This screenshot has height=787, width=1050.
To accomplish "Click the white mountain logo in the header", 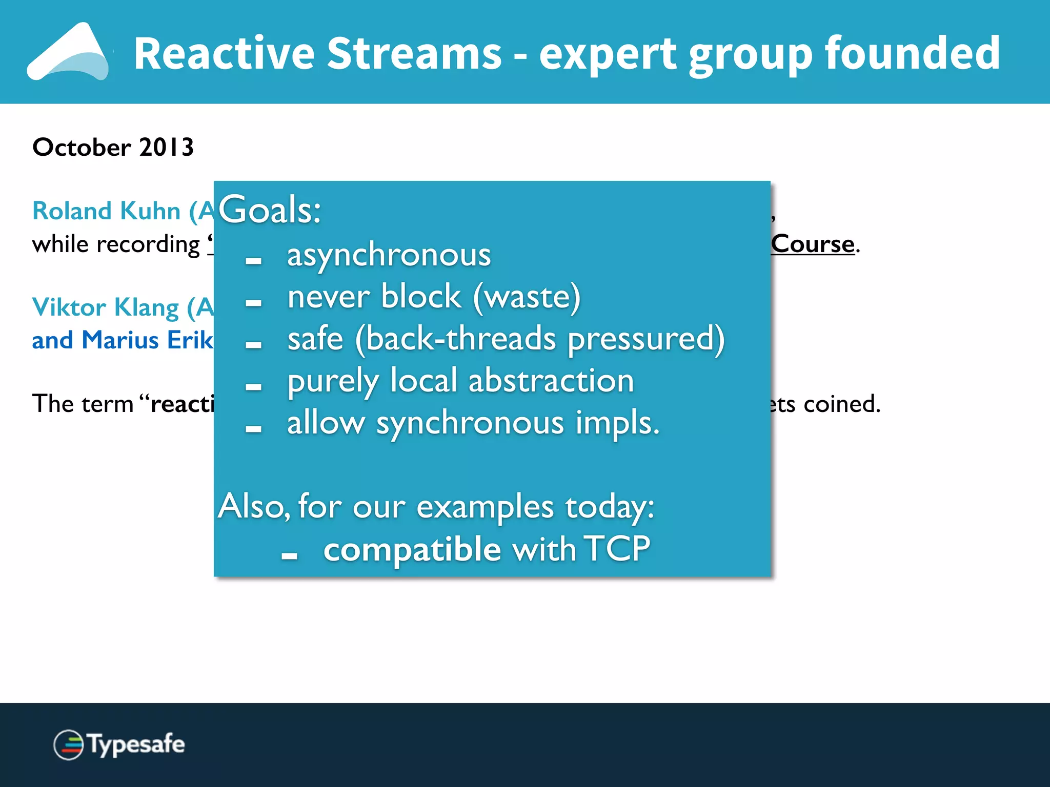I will [69, 53].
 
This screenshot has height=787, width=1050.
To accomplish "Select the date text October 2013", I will [113, 148].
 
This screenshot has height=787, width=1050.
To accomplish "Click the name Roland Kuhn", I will [106, 211].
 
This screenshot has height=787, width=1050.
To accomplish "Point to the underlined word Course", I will [813, 244].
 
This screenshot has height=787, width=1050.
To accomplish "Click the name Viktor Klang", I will [105, 307].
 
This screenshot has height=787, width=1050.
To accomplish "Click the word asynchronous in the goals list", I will [389, 255].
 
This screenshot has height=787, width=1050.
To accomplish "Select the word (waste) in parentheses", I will [527, 297].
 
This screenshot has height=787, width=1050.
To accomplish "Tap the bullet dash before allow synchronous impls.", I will [253, 429].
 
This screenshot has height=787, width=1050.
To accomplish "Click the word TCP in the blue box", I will [617, 549].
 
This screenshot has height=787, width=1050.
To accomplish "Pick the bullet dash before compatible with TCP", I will [289, 555].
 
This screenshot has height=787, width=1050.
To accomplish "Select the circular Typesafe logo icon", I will [68, 744].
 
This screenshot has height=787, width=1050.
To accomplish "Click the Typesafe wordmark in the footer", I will [136, 744].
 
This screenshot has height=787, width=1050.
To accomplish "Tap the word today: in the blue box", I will [610, 507].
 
